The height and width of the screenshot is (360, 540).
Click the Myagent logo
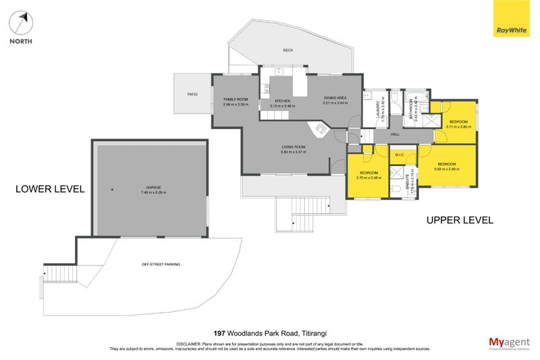click(x=508, y=343)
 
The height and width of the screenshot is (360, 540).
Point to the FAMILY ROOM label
click(x=236, y=100)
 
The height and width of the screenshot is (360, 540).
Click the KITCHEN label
click(x=282, y=101)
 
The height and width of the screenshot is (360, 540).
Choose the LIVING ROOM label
click(x=294, y=147)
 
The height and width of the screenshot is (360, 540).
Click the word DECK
click(x=288, y=50)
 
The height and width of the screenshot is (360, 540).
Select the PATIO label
click(x=192, y=94)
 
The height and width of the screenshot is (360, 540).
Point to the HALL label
click(x=396, y=134)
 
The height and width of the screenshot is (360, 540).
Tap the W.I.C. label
click(x=400, y=154)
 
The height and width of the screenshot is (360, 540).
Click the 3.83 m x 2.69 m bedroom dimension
click(x=446, y=169)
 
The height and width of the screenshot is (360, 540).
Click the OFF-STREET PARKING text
click(x=161, y=264)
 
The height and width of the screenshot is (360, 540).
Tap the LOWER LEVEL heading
click(x=50, y=189)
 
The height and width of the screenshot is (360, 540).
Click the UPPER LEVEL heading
click(x=460, y=220)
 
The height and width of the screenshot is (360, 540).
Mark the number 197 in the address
click(x=219, y=333)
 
